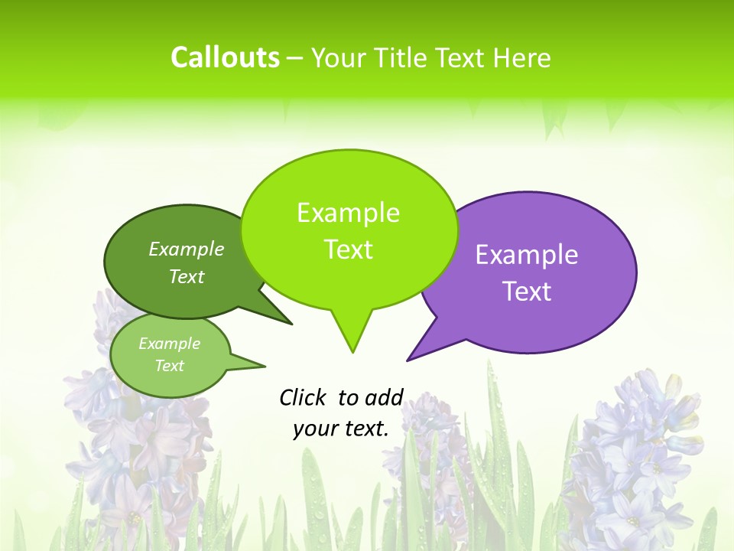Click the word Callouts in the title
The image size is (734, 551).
pos(225,57)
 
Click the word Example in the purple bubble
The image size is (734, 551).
pos(527,255)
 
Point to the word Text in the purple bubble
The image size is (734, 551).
pos(527,292)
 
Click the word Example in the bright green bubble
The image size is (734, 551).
pos(348,213)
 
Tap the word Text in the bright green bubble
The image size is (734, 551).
pos(348,249)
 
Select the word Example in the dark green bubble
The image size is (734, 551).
pos(187,249)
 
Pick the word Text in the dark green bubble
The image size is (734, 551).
pos(187,276)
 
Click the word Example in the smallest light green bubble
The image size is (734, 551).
pos(169,344)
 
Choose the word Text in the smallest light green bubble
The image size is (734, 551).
pos(169,366)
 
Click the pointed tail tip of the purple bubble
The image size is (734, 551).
pos(408,360)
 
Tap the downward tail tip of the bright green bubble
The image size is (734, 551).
pos(352,352)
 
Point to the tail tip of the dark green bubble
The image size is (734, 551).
pos(292,324)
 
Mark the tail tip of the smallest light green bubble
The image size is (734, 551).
pos(265,365)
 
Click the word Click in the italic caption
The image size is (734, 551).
pos(304,397)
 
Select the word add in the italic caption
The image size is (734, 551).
pos(384,397)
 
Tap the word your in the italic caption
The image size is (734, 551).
pos(314,429)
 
